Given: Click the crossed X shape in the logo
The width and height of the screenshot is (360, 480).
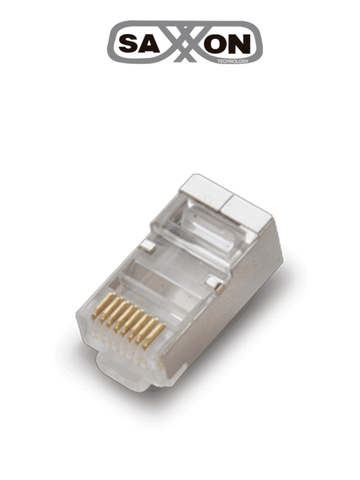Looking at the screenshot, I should [x=184, y=42].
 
